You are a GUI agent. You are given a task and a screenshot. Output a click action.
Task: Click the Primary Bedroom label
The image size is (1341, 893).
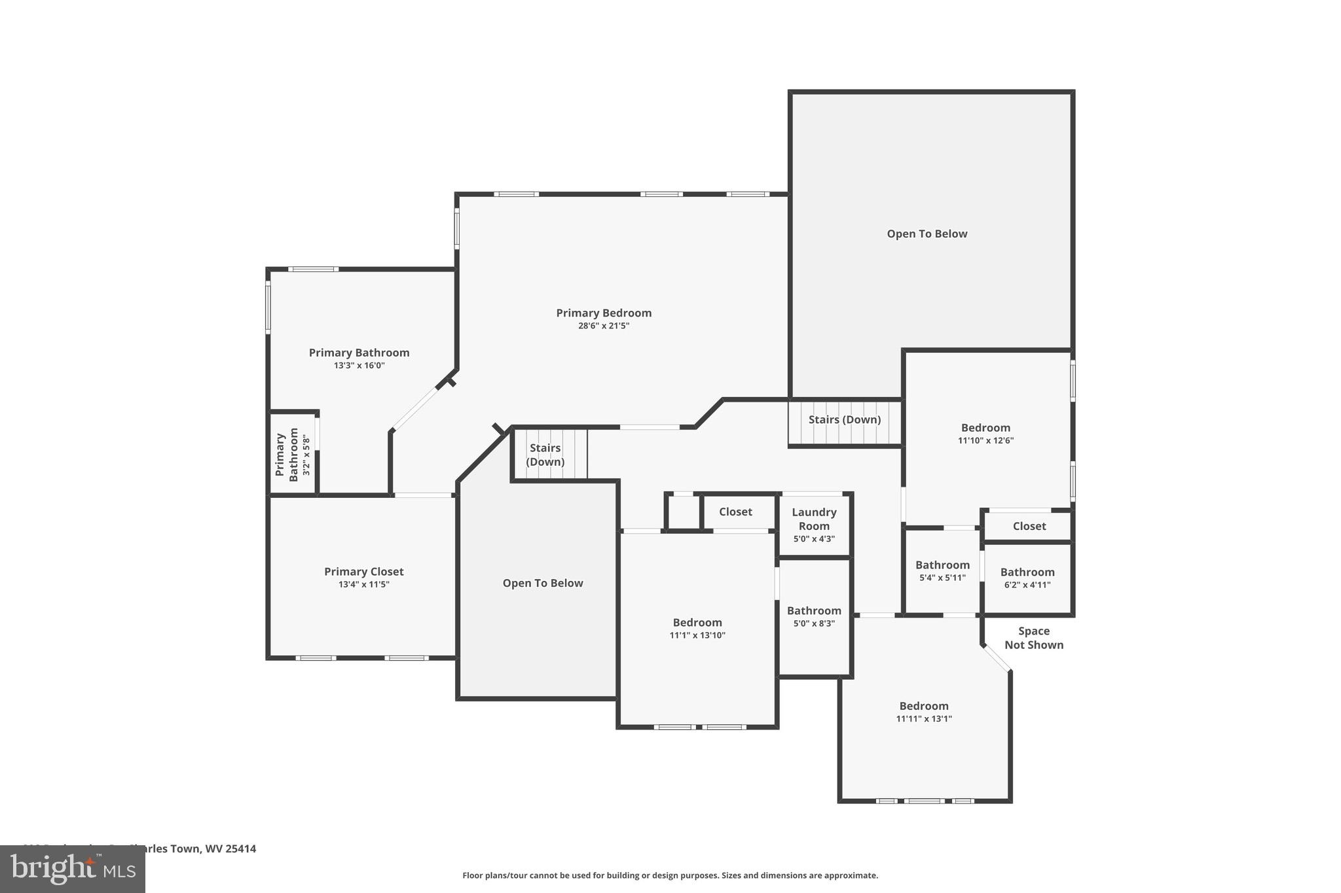[x=604, y=313]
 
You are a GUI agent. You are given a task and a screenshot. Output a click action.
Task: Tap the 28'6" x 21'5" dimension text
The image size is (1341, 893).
[x=604, y=326]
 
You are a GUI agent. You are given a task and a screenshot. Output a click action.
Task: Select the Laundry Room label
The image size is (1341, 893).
[x=814, y=519]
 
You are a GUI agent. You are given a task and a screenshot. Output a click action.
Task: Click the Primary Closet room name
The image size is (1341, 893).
[x=364, y=571]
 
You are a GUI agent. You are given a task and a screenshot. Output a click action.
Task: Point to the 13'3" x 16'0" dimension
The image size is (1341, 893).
[x=359, y=366]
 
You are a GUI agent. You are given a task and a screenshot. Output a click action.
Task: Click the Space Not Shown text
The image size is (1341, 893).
[x=1034, y=638]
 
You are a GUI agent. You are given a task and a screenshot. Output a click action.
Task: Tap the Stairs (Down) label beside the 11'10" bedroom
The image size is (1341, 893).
[x=844, y=419]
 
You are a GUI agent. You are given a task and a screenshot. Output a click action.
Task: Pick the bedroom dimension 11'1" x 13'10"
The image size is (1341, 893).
[x=697, y=635]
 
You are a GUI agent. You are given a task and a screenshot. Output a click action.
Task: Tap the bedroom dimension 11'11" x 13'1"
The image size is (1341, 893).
[x=924, y=718]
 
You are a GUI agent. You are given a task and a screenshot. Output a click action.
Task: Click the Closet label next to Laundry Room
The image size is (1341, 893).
[x=735, y=512]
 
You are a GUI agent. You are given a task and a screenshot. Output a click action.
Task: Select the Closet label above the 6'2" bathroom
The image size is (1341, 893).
[x=1029, y=526]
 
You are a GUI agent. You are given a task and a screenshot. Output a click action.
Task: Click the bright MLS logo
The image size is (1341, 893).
[x=72, y=869]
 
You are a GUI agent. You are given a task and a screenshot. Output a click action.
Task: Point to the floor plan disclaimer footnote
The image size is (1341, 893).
[x=670, y=875]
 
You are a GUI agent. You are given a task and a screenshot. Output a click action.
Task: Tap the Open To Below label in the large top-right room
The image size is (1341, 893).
[x=927, y=234]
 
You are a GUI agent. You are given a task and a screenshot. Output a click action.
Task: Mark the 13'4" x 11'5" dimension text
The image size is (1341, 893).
[x=364, y=584]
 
